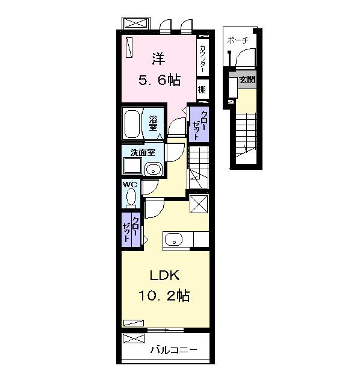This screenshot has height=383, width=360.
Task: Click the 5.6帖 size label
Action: tap(160, 80)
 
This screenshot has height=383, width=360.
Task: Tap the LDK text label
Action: tap(164, 275)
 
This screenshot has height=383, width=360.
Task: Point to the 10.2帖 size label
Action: tap(164, 296)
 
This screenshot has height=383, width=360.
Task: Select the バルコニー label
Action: tap(173, 350)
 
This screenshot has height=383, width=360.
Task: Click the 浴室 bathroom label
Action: tap(153, 123)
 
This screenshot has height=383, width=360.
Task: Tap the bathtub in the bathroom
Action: tap(132, 125)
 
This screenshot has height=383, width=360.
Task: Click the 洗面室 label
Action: tap(143, 153)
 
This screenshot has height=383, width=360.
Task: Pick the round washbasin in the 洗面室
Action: tap(153, 169)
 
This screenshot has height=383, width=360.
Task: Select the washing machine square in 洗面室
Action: tap(132, 166)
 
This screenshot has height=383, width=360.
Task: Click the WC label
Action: tap(130, 184)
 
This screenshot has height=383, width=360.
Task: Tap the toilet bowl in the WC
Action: tap(131, 198)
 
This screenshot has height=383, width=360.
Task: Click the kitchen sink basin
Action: tap(173, 240)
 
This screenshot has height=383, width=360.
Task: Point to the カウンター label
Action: tap(203, 59)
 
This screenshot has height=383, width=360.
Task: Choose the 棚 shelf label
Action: tap(202, 90)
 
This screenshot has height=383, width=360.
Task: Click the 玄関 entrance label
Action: tap(247, 79)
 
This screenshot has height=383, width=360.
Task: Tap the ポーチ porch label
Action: tap(238, 40)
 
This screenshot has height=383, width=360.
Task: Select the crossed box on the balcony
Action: tap(134, 338)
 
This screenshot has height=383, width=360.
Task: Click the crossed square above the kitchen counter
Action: tap(199, 204)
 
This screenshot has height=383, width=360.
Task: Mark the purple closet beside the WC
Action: tap(131, 229)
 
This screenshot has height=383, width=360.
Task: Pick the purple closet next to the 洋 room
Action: tap(199, 124)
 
